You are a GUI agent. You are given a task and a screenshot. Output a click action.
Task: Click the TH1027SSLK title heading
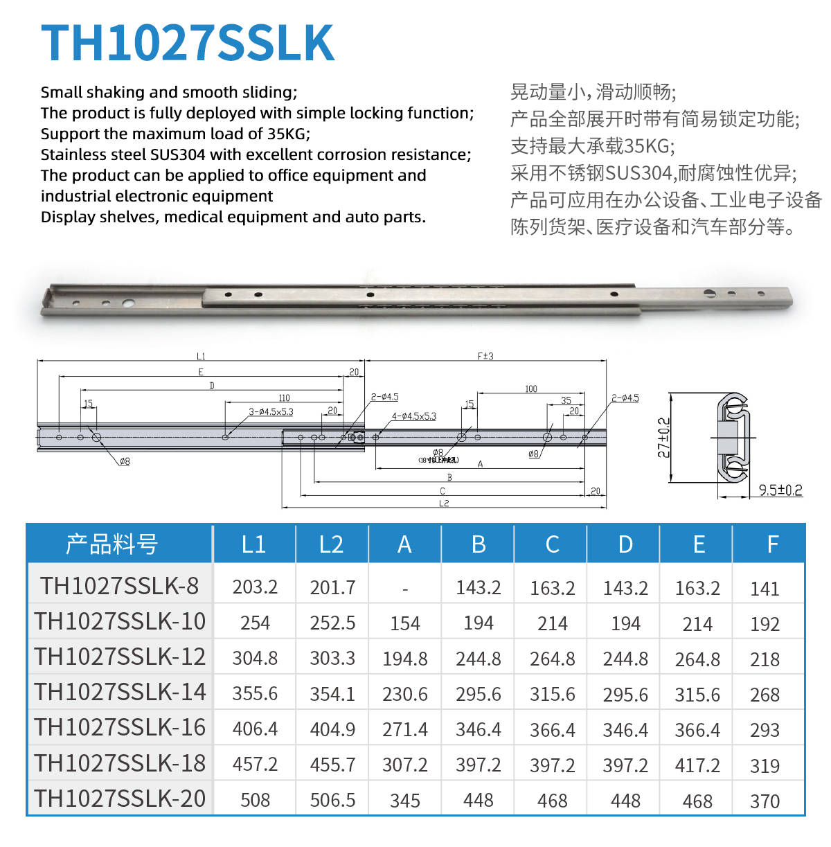[x=188, y=43]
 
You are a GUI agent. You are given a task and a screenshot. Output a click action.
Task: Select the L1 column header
[x=254, y=544]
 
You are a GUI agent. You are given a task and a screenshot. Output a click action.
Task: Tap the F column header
[x=773, y=544]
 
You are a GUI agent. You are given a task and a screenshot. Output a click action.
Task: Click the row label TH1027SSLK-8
[x=119, y=587]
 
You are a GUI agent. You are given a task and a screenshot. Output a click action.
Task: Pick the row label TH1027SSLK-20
[x=120, y=799]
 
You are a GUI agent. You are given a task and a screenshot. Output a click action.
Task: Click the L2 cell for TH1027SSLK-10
[x=332, y=623]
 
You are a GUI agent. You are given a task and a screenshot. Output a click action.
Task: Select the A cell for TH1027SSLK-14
[x=405, y=694]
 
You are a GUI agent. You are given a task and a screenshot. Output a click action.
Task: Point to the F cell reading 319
[x=765, y=766]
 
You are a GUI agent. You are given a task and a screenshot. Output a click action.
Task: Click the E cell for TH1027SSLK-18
[x=697, y=765]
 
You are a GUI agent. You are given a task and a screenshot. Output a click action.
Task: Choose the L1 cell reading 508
[x=255, y=801]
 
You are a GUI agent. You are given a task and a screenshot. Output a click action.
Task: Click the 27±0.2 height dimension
[x=663, y=438]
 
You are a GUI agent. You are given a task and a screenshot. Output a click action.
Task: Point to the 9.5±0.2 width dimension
[x=780, y=490]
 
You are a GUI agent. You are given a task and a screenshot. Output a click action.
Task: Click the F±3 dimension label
[x=485, y=356]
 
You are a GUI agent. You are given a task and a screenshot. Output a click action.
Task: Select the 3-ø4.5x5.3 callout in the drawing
[x=271, y=411]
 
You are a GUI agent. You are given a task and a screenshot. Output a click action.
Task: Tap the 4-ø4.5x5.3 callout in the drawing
[x=414, y=416]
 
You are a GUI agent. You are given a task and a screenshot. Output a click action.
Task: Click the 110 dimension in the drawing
[x=284, y=398]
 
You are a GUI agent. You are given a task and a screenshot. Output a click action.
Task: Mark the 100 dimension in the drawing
[x=531, y=389]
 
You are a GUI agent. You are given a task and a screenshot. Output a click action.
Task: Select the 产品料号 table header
[x=112, y=544]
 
